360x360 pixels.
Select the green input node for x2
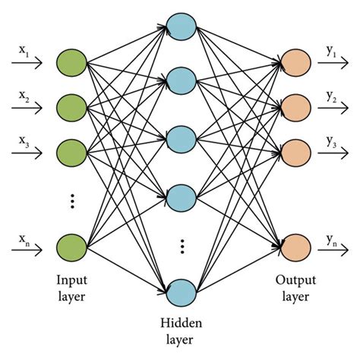[x=71, y=106]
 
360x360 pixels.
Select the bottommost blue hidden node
[x=182, y=292]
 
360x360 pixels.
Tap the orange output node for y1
[x=295, y=63]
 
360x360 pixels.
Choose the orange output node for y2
[x=295, y=106]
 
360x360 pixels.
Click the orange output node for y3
[x=295, y=149]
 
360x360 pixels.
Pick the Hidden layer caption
[x=182, y=332]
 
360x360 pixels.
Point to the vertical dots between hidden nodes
[x=182, y=247]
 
